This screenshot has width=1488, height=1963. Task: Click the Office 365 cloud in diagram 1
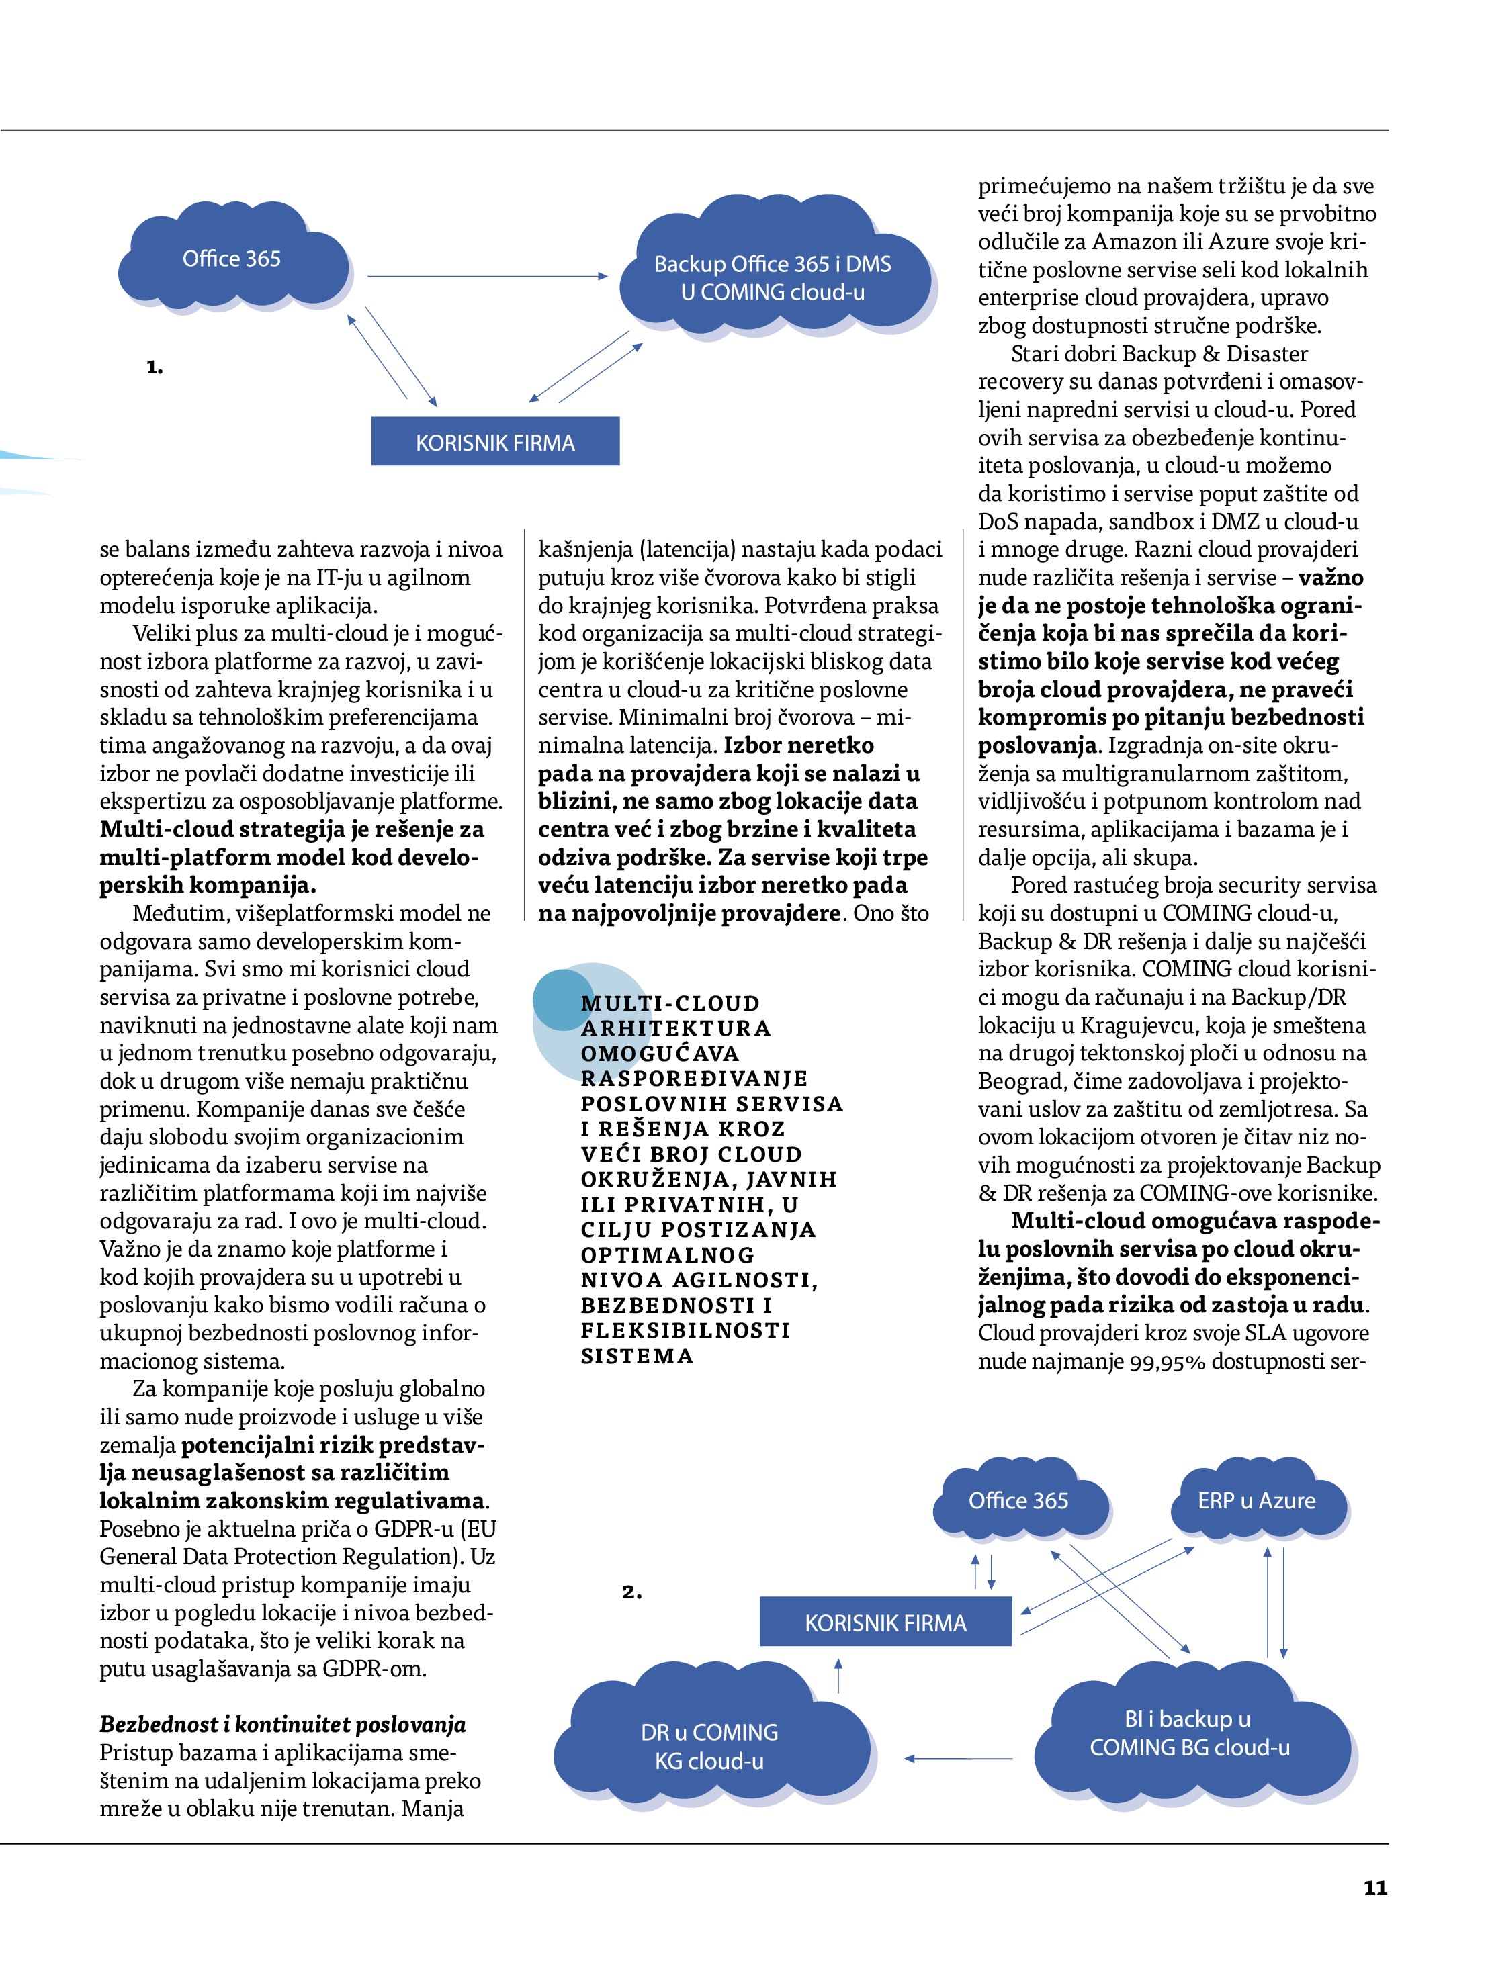232,259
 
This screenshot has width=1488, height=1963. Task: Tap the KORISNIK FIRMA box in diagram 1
494,442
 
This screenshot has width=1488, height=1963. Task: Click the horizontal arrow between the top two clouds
486,276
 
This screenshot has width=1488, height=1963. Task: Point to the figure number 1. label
155,367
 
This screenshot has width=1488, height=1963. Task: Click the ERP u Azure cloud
1256,1501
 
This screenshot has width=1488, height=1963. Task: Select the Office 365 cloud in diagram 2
1018,1501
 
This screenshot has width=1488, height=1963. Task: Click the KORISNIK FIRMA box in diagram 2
885,1623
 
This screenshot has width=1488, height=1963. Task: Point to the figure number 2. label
631,1592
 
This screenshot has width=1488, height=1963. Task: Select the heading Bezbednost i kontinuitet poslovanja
282,1725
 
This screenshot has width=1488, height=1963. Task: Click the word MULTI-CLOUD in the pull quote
670,1004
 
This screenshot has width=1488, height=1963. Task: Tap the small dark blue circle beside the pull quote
563,999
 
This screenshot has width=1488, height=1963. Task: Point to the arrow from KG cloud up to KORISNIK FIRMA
839,1675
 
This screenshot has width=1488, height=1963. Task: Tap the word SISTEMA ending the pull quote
637,1356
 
